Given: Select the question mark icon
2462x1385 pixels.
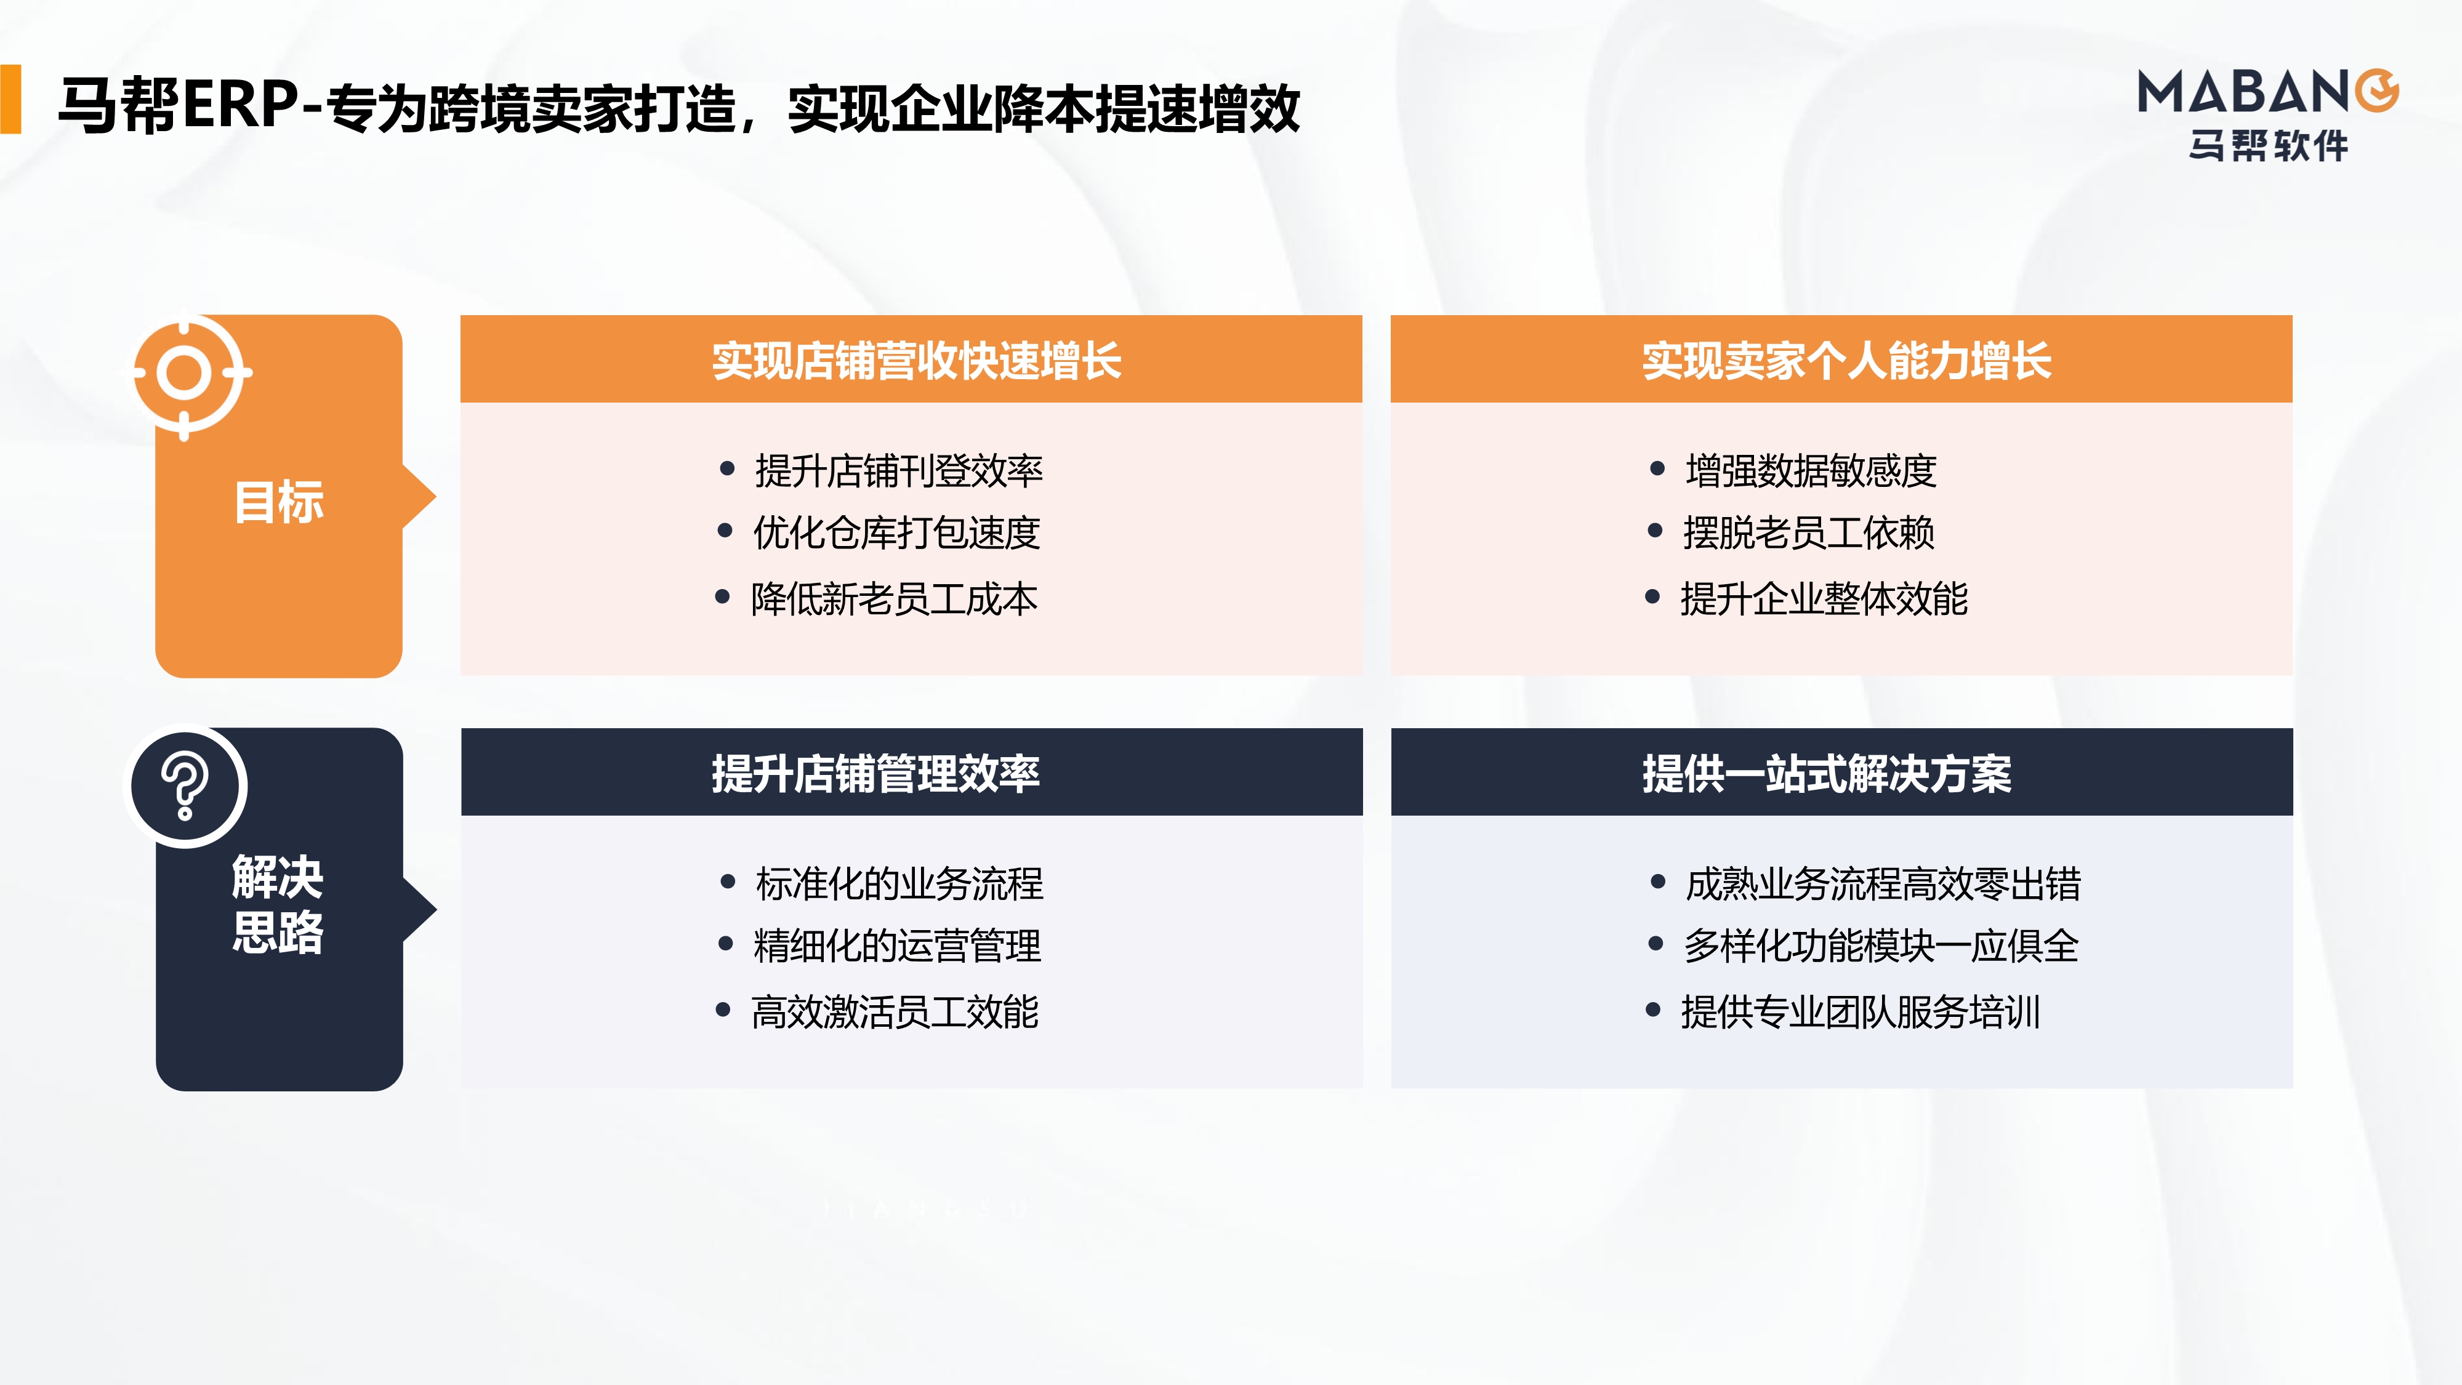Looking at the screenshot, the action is tap(185, 787).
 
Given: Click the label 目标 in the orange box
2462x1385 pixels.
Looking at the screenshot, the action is tap(279, 502).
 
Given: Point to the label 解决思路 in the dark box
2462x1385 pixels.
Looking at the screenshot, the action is tap(278, 904).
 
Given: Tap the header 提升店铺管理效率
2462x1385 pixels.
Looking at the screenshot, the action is tap(875, 773).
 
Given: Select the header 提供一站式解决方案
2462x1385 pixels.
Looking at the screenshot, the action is tap(1827, 773).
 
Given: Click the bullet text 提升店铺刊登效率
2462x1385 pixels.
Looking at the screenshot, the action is tap(898, 470).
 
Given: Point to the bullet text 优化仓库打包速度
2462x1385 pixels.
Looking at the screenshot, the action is tap(896, 532).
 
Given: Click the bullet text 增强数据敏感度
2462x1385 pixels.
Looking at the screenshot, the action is tap(1810, 470).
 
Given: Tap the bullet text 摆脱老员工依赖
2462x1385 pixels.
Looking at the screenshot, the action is tap(1808, 532).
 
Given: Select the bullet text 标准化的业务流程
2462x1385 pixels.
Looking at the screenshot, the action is tap(898, 883).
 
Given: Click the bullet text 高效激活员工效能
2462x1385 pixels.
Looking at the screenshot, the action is tap(895, 1012).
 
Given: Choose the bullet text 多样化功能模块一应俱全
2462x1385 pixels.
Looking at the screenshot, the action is tap(1881, 945).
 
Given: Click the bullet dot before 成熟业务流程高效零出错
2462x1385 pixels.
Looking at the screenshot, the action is tap(1658, 881).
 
